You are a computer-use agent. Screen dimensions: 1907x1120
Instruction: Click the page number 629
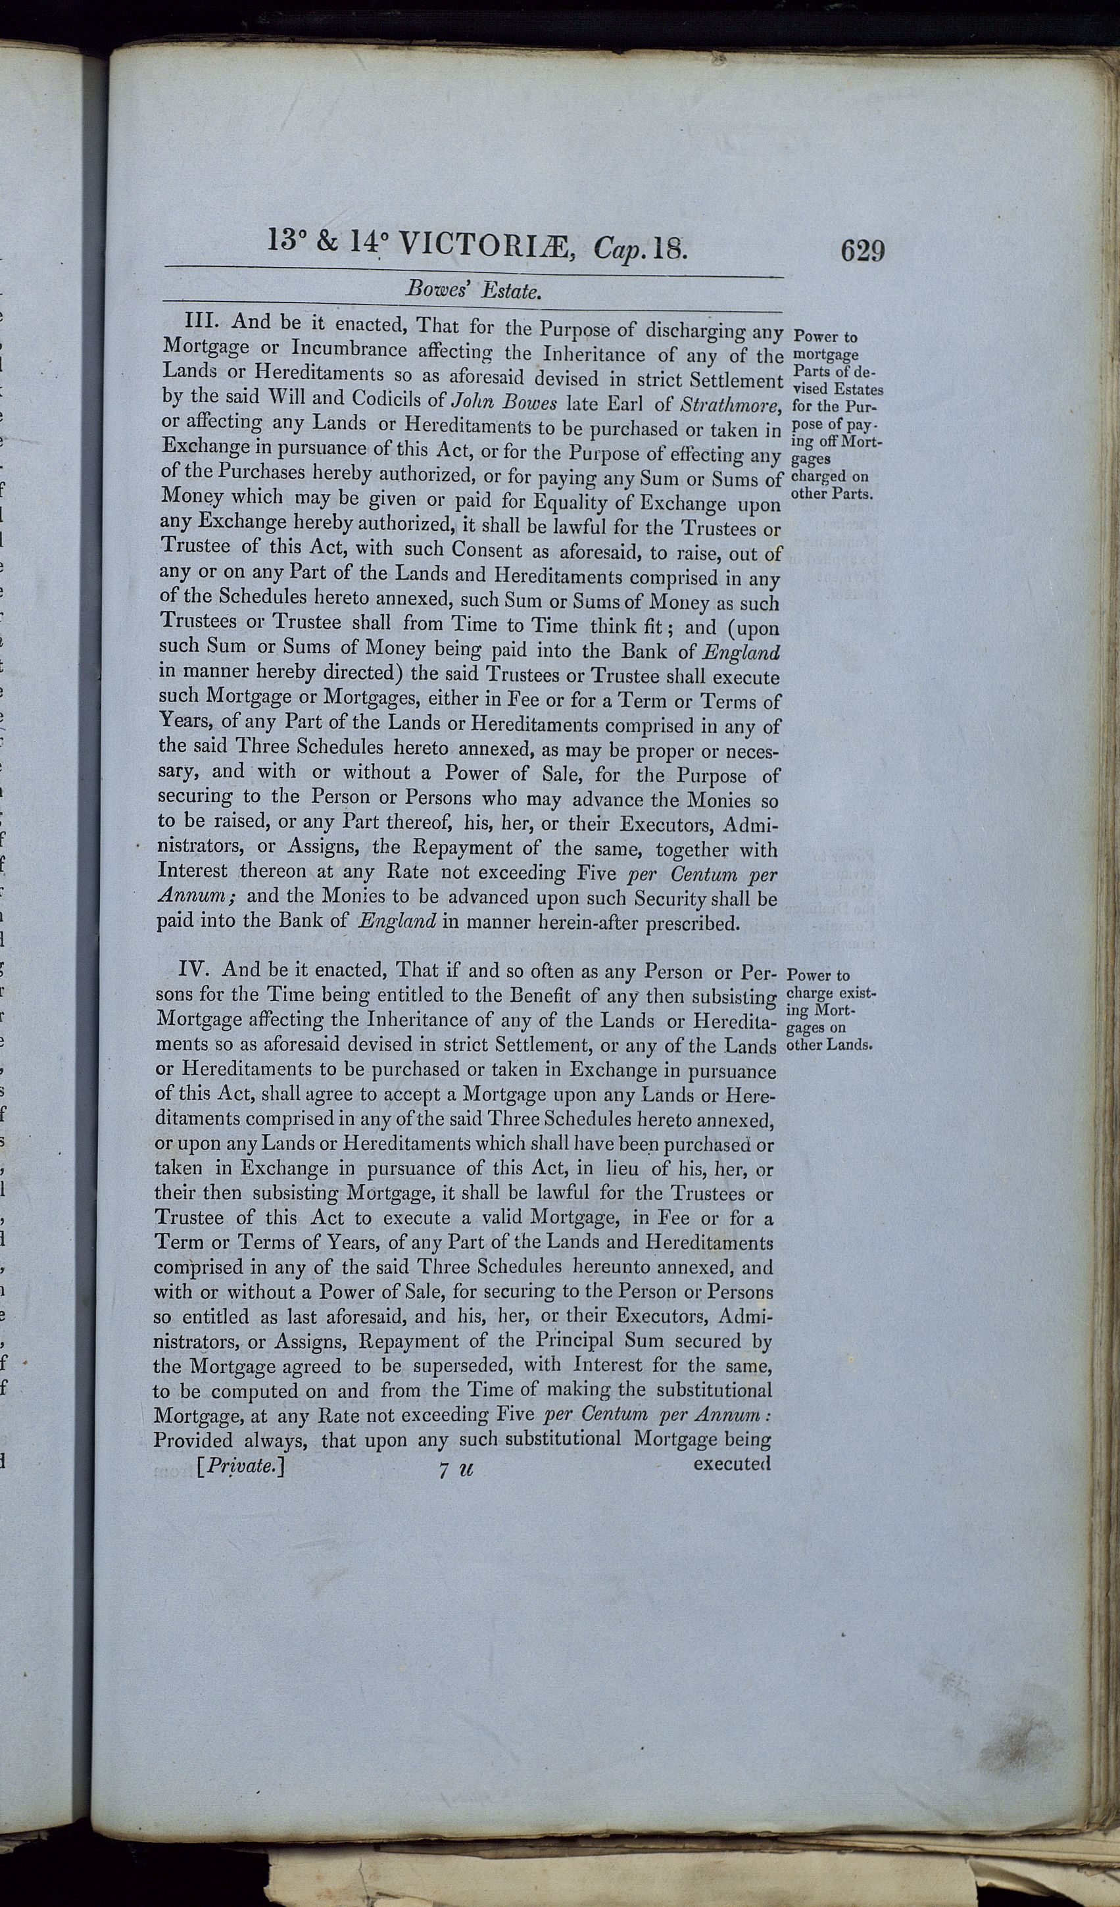pos(862,250)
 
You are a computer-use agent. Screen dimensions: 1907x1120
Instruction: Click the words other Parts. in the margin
pos(832,493)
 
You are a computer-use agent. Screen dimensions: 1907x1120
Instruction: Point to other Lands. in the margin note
pos(830,1045)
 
